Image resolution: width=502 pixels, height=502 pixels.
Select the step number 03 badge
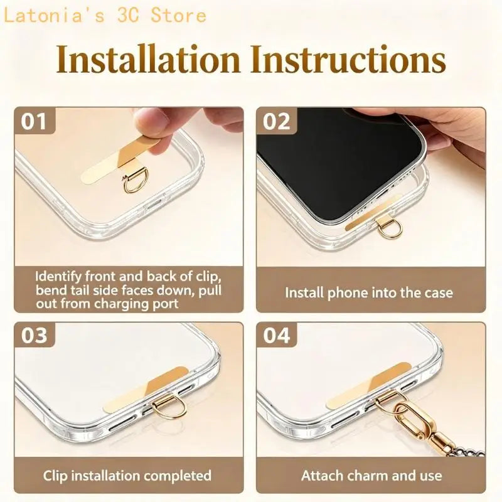[x=35, y=335]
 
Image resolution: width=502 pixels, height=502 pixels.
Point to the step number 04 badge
[x=277, y=335]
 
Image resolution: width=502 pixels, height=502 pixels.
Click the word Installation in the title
[x=148, y=60]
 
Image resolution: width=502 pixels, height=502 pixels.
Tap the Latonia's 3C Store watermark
[x=105, y=15]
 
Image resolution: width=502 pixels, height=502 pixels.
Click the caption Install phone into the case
[x=369, y=292]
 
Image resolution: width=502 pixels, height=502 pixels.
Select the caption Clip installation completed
[x=127, y=476]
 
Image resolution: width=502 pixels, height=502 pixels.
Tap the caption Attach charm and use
[x=371, y=476]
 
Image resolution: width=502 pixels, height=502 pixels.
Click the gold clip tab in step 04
[x=368, y=385]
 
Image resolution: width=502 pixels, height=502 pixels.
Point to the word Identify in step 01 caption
[x=58, y=277]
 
